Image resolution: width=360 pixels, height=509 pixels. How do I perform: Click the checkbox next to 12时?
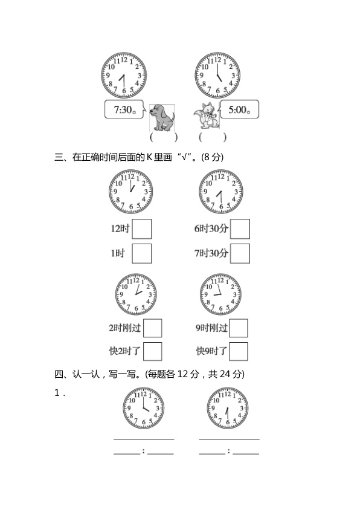[x=142, y=229]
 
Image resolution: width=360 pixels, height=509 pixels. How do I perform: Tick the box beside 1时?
[x=142, y=253]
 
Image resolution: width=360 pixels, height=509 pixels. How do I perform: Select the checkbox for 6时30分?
[x=240, y=229]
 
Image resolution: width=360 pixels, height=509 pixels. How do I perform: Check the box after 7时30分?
[x=240, y=253]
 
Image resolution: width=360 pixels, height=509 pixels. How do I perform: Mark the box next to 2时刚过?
[x=152, y=328]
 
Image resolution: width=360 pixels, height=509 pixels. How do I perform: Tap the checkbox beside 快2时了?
[x=152, y=351]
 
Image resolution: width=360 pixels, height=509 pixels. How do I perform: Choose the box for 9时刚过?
[x=239, y=328]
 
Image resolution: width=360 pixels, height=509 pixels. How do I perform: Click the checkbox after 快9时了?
[x=239, y=351]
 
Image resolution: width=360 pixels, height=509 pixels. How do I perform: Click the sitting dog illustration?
[x=162, y=117]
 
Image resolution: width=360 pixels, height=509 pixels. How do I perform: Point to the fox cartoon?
[x=206, y=115]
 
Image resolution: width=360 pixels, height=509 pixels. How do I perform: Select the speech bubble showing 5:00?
[x=239, y=109]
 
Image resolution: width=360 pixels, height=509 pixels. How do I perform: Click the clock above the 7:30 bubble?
[x=124, y=76]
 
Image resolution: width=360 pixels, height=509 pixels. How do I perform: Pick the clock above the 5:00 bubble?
[x=217, y=76]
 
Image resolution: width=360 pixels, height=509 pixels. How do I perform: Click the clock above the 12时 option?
[x=130, y=192]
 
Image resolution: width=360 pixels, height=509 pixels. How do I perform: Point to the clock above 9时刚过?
[x=220, y=294]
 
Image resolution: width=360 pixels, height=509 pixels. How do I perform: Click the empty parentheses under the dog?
[x=164, y=137]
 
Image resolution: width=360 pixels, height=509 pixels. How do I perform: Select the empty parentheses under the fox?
[x=213, y=137]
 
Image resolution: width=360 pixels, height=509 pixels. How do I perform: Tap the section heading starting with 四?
[x=150, y=374]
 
